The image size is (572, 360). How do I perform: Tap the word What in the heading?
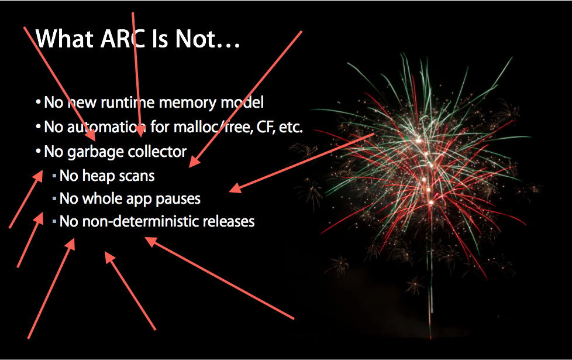(64, 38)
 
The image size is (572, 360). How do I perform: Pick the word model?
(242, 102)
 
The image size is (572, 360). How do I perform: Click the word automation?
(106, 127)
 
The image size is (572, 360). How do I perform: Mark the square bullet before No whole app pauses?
(54, 199)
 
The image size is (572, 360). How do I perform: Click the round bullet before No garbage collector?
(38, 151)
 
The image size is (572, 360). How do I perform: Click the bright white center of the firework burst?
(418, 140)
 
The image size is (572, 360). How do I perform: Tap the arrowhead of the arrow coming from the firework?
(235, 188)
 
